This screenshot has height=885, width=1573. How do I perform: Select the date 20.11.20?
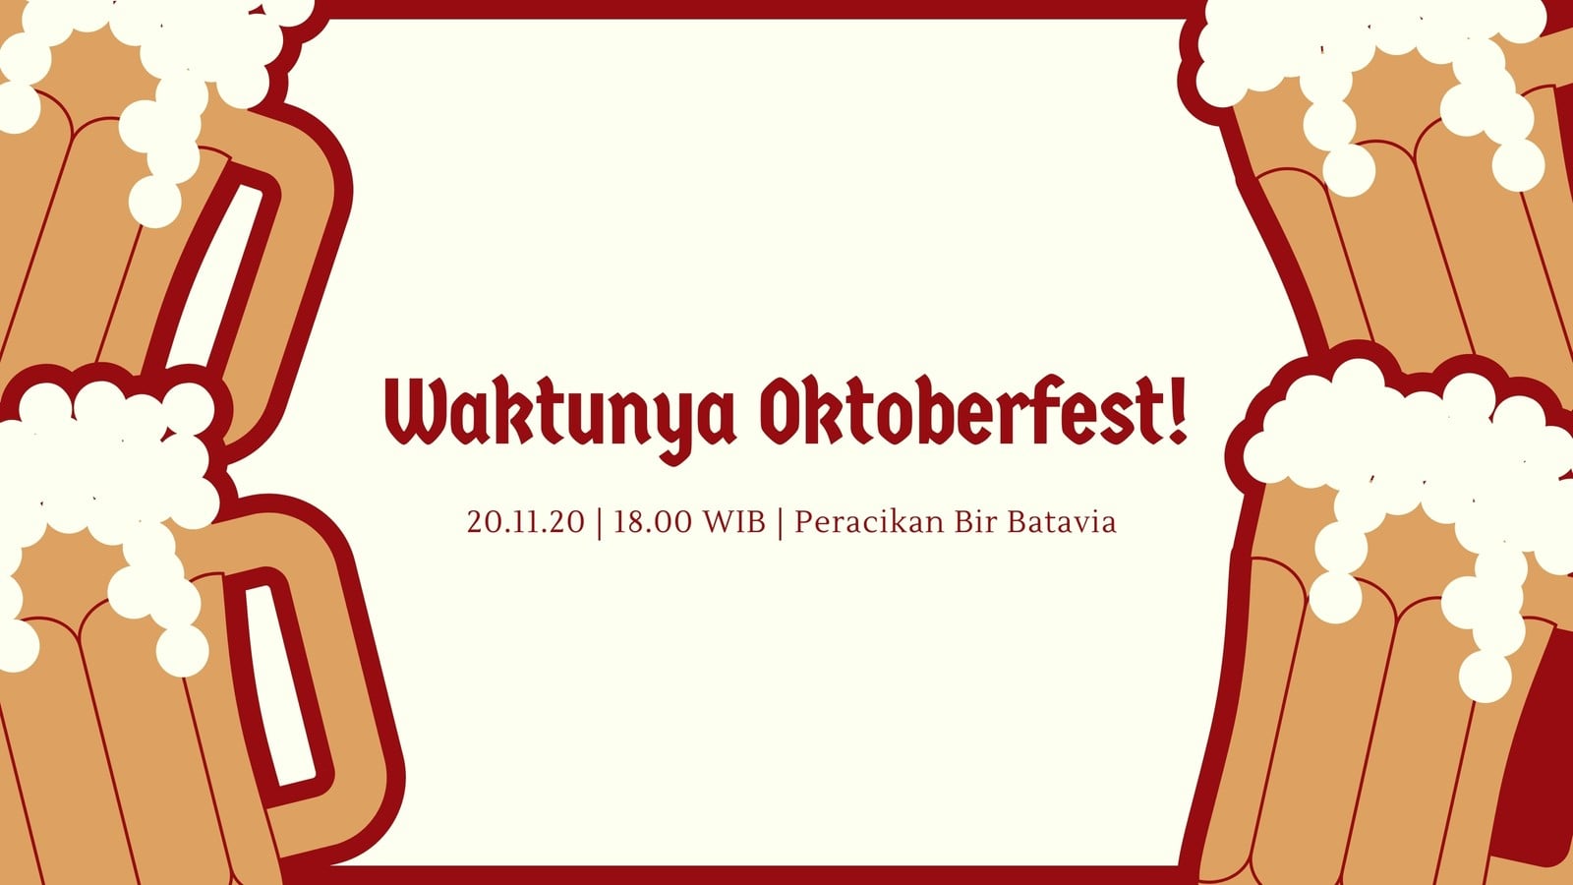(525, 522)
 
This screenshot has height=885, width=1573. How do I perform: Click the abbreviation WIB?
(734, 522)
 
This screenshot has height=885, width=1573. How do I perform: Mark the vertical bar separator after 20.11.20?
(599, 523)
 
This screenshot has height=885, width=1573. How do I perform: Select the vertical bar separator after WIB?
(781, 523)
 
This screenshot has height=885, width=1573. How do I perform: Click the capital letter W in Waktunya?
(419, 412)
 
